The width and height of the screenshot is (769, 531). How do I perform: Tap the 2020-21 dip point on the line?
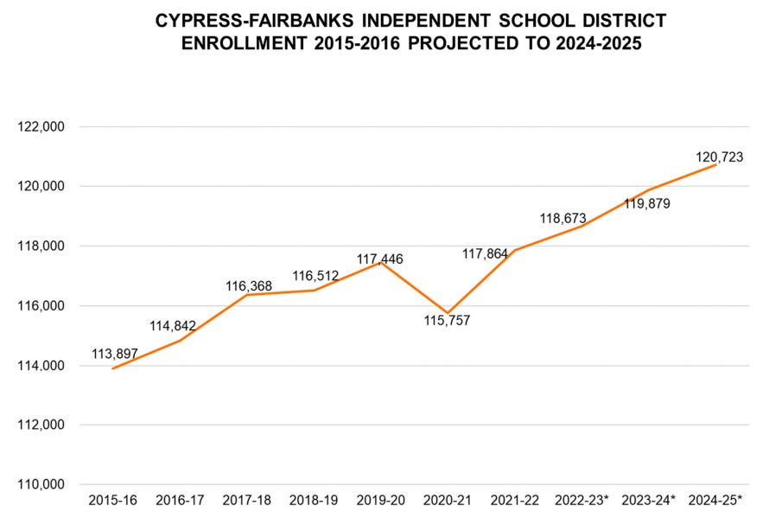click(x=448, y=313)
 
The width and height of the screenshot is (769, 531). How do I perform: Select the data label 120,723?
click(x=720, y=157)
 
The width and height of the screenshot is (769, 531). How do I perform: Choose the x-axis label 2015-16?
click(x=112, y=501)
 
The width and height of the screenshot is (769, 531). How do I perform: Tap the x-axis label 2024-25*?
click(x=715, y=501)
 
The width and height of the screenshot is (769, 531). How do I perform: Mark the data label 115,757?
click(x=448, y=321)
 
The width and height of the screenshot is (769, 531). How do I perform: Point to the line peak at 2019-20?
click(x=380, y=262)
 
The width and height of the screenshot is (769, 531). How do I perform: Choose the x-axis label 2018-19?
click(x=314, y=501)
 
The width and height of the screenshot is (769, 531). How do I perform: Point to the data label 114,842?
click(x=172, y=326)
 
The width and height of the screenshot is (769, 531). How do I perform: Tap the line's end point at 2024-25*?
click(x=715, y=164)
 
